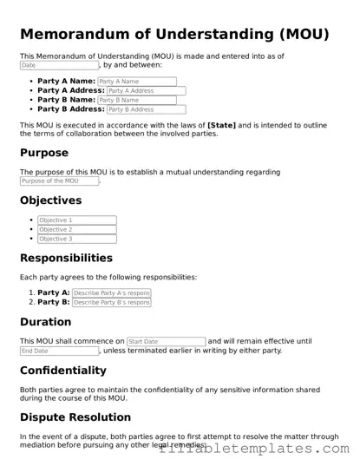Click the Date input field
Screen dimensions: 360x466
pos(59,65)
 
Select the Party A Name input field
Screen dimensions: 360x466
pos(137,82)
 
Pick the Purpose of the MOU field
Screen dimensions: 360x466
pos(59,180)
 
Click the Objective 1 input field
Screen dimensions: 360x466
pos(77,220)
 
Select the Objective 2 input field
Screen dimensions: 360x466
pos(77,230)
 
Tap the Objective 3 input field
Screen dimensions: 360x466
pos(77,240)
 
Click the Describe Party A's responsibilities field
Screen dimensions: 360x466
pos(111,293)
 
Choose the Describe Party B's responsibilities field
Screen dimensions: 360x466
pos(111,303)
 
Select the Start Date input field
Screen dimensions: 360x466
pos(166,342)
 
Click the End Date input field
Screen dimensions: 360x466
pos(59,351)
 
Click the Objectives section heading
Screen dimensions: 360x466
pos(50,200)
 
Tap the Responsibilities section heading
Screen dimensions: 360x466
pos(66,258)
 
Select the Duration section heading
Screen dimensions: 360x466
pos(45,322)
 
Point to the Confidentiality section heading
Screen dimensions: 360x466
pos(63,371)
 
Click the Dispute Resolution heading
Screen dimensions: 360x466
pos(75,417)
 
